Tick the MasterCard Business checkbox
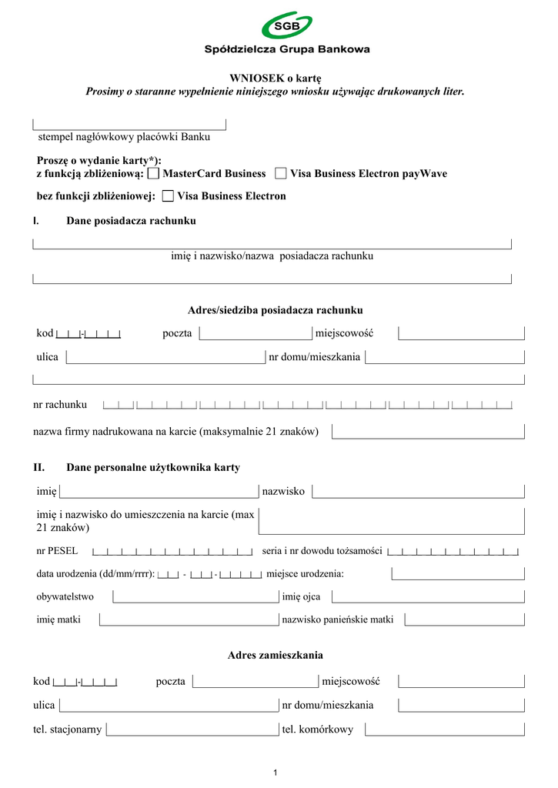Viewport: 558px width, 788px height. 153,174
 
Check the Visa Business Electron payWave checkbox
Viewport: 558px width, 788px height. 280,174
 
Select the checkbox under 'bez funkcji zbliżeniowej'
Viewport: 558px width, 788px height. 168,196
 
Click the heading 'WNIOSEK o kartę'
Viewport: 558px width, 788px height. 276,78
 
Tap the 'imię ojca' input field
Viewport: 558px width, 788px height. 432,596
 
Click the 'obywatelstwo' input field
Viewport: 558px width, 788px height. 195,596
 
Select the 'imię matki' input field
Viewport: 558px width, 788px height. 188,619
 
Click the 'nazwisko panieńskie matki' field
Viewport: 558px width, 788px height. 464,619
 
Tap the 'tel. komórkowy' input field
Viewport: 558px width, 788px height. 444,729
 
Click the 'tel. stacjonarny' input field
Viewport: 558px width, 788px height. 192,729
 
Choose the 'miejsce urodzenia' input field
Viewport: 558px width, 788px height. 457,573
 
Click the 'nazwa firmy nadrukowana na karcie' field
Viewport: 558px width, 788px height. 428,432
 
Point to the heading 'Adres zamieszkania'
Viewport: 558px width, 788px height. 276,656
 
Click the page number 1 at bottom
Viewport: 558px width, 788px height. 275,773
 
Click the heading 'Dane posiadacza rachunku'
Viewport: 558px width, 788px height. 131,221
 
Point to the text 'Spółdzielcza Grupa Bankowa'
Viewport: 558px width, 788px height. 286,49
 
